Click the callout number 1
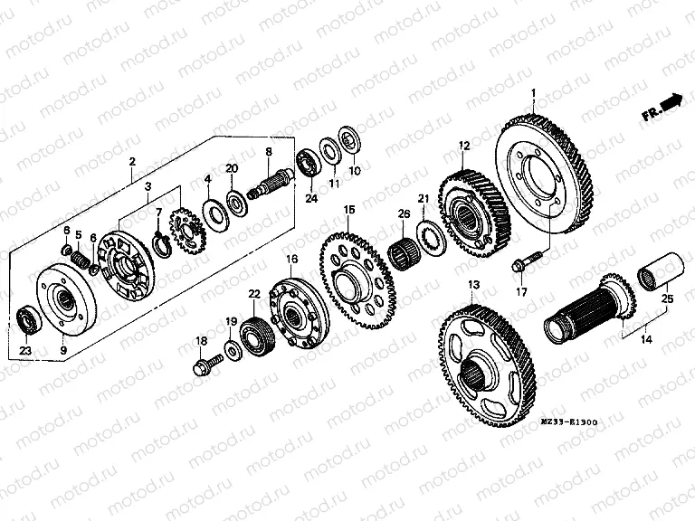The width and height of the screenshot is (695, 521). [534, 94]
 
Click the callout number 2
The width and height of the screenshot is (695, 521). [132, 162]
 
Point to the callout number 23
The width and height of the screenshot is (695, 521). [24, 351]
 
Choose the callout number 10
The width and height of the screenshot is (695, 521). [354, 169]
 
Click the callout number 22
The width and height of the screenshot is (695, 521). [254, 294]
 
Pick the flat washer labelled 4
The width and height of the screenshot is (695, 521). [215, 214]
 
